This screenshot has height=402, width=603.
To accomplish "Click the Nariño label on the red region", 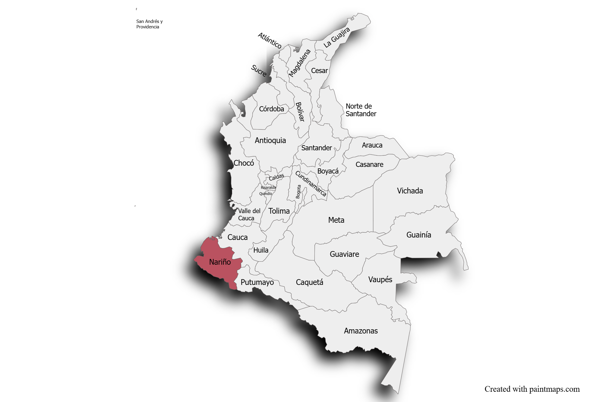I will (x=220, y=262).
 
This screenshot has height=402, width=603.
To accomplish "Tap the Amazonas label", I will (x=361, y=331).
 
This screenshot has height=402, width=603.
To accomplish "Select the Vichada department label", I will (x=410, y=191).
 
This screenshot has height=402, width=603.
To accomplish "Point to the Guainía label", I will (x=418, y=235).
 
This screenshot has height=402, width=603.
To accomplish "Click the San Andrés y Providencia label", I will (x=149, y=24).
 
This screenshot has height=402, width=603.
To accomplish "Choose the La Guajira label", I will (x=336, y=37).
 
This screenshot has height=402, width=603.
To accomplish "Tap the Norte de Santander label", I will (x=361, y=110).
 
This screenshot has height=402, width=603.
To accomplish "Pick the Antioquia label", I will (x=270, y=140).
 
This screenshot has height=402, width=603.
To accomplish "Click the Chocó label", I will (x=244, y=163).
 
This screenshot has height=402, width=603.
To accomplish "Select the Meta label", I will (x=336, y=220).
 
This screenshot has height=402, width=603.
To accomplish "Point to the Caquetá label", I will (x=309, y=282).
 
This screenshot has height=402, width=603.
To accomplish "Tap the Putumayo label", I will (x=257, y=282).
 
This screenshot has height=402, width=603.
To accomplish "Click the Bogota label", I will (x=298, y=192).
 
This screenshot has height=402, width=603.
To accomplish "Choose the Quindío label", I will (x=266, y=194).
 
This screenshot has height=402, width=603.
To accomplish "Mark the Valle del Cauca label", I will (x=249, y=215).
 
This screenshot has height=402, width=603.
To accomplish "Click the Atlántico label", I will (x=270, y=40).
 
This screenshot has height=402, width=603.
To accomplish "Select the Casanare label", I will (x=369, y=164).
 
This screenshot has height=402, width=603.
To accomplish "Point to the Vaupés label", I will (x=380, y=279).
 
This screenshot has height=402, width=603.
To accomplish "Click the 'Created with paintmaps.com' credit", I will (x=532, y=389).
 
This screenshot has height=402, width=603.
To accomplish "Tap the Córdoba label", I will (x=271, y=109).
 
